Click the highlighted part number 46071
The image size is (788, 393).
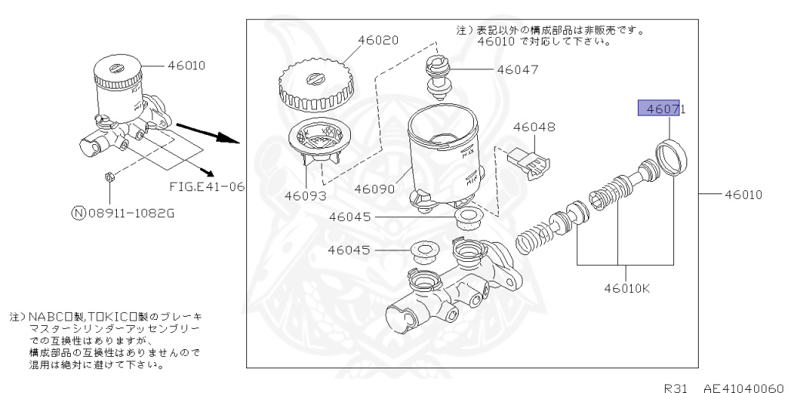tap(661, 109)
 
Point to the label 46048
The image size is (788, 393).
tap(534, 126)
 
